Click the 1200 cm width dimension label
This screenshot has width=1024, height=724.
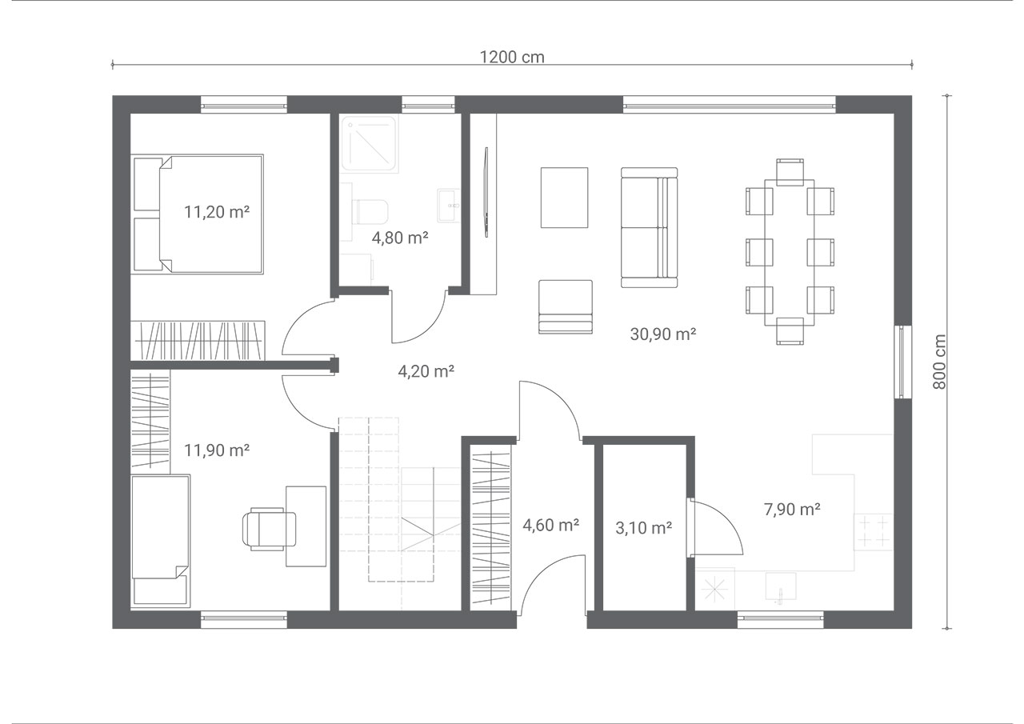click(x=512, y=57)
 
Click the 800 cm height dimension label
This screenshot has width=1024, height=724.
click(x=939, y=362)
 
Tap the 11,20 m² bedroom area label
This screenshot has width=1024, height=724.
click(x=217, y=212)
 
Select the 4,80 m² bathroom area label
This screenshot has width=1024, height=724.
click(x=400, y=238)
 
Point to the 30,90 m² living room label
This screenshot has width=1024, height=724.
click(x=663, y=334)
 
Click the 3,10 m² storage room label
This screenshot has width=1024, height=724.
click(x=644, y=528)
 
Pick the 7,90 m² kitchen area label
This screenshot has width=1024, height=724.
click(x=792, y=509)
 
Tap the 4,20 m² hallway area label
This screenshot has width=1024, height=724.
click(x=426, y=371)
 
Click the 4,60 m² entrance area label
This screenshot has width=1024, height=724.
click(x=551, y=526)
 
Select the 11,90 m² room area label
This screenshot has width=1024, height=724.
click(x=217, y=450)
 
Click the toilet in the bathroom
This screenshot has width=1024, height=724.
click(x=370, y=211)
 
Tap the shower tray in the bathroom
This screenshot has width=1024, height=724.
click(x=370, y=144)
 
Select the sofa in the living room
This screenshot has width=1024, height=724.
click(x=649, y=227)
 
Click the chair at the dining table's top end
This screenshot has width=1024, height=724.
click(x=790, y=172)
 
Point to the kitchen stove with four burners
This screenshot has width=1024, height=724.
click(x=873, y=532)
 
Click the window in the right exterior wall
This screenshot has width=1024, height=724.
click(x=902, y=362)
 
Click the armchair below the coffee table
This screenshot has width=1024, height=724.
click(x=566, y=306)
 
